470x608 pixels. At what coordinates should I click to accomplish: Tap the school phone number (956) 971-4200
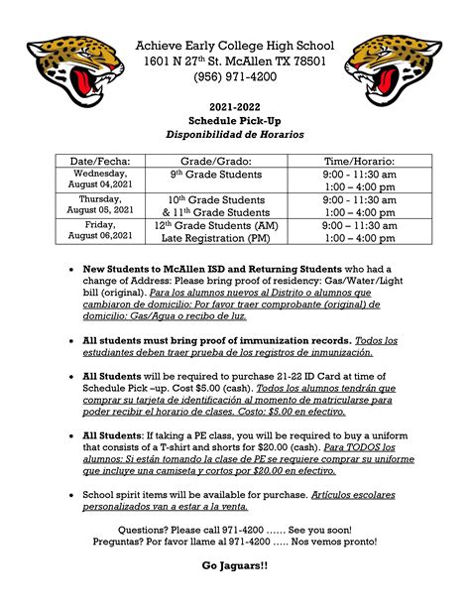[235, 79]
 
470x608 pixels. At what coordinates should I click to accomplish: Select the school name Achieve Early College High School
[235, 47]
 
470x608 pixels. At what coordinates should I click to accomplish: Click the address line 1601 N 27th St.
[235, 62]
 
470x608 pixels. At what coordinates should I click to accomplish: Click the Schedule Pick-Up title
[235, 120]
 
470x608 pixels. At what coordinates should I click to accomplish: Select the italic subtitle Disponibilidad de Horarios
[235, 135]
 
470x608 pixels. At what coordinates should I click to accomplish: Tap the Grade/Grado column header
[216, 161]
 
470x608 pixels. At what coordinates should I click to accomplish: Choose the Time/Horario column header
[359, 161]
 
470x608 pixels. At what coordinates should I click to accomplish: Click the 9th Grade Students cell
[216, 175]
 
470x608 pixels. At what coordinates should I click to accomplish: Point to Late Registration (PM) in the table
[216, 238]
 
